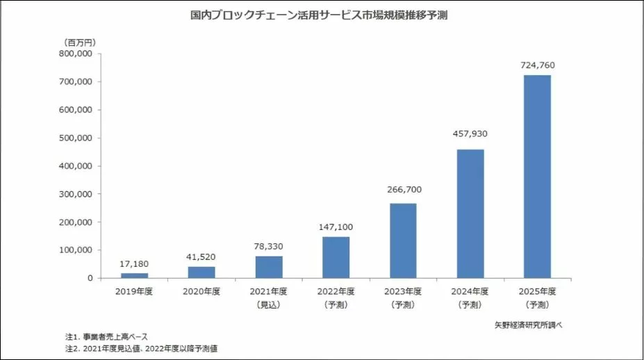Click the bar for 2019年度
click(134, 275)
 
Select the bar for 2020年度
click(201, 272)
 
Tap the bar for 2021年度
click(269, 267)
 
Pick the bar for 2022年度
click(336, 257)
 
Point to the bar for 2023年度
click(403, 240)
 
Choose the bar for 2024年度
click(470, 213)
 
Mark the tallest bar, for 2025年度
click(537, 177)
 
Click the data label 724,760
click(537, 65)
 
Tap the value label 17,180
click(134, 264)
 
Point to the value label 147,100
click(336, 227)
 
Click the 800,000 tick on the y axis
click(77, 54)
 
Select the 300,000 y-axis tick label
click(77, 194)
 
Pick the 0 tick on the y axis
click(90, 278)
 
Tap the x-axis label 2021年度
click(269, 292)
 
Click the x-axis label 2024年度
click(470, 292)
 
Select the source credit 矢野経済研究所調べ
click(532, 325)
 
